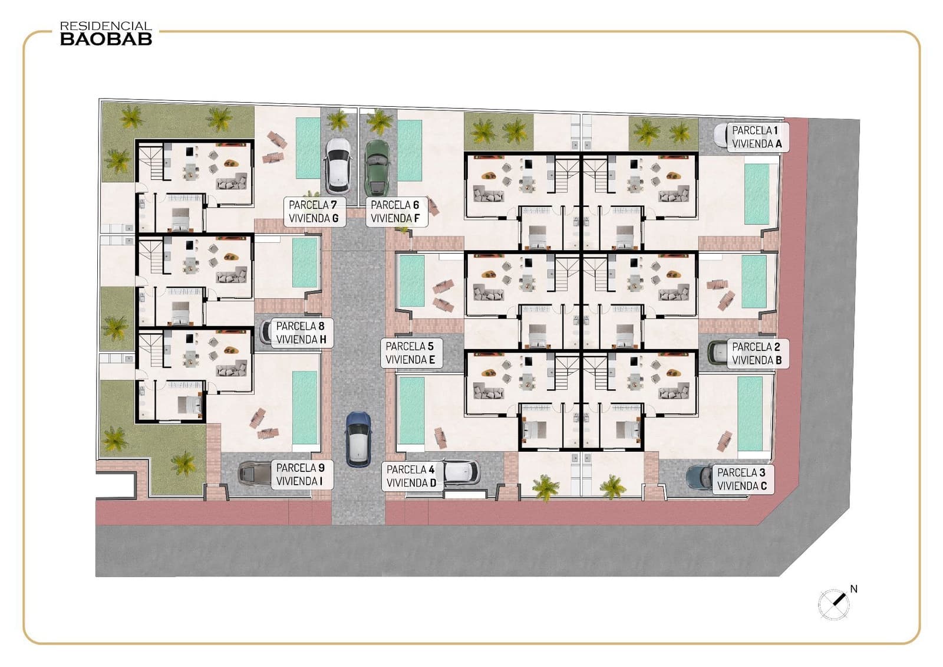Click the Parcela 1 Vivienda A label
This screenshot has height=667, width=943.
pos(757,137)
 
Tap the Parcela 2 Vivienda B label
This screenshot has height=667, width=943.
pos(757,354)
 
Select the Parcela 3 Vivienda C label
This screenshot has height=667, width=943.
pos(742,479)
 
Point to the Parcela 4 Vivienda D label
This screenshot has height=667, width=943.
pos(411,477)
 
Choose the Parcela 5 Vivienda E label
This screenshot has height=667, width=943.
pos(410,353)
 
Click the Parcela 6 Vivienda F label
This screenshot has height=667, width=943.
pos(395,212)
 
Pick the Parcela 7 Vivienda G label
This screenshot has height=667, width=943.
pos(313,212)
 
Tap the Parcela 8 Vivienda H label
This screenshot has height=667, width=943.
pos(301,333)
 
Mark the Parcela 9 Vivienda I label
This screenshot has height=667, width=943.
pos(300,475)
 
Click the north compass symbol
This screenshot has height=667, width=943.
pos(834,604)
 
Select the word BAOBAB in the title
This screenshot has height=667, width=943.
pos(106,40)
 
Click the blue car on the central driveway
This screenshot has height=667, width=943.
pos(358,439)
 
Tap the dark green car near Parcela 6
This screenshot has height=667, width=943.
pos(377,167)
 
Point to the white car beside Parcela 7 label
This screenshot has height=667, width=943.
pos(338,166)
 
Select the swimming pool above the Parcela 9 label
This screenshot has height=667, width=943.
pos(305,407)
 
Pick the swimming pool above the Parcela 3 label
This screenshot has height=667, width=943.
pos(750,413)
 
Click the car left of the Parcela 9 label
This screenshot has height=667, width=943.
pos(254,473)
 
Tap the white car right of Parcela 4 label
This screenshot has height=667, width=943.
pos(462,472)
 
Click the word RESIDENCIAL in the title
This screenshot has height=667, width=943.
pos(106,27)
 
